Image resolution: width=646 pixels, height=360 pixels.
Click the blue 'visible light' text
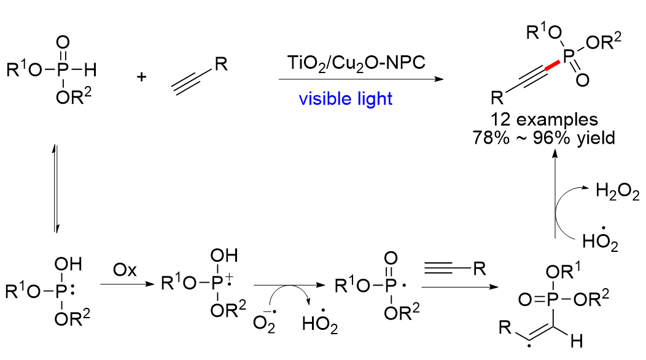[346, 99]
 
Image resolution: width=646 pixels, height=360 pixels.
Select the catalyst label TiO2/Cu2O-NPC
[356, 63]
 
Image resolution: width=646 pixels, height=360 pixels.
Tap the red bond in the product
[551, 66]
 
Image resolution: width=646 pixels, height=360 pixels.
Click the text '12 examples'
[544, 119]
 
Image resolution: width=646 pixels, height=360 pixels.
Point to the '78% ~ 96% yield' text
[544, 138]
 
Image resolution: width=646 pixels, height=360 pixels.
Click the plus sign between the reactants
[142, 77]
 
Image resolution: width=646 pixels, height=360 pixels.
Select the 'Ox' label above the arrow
[125, 270]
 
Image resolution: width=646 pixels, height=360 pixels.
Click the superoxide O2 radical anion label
[264, 321]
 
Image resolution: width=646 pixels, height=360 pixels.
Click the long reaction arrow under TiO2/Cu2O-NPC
[361, 79]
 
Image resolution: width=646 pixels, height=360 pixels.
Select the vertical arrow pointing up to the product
[555, 194]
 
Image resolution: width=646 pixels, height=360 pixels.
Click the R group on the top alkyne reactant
[221, 64]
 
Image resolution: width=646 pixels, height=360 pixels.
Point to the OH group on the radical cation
[224, 256]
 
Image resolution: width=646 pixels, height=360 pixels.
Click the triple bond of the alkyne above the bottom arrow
[438, 269]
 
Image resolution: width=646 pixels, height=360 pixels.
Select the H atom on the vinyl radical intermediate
[577, 341]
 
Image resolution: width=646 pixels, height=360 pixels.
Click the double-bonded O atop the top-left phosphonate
[63, 42]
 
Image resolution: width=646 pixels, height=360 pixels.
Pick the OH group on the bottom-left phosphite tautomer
[68, 264]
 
